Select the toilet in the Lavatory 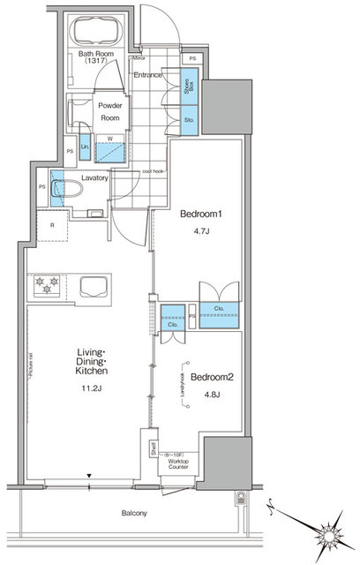pyautogui.click(x=62, y=192)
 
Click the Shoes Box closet pyautogui.click(x=188, y=87)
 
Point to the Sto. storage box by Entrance pyautogui.click(x=188, y=120)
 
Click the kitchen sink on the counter pyautogui.click(x=92, y=287)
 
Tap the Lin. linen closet pyautogui.click(x=85, y=147)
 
